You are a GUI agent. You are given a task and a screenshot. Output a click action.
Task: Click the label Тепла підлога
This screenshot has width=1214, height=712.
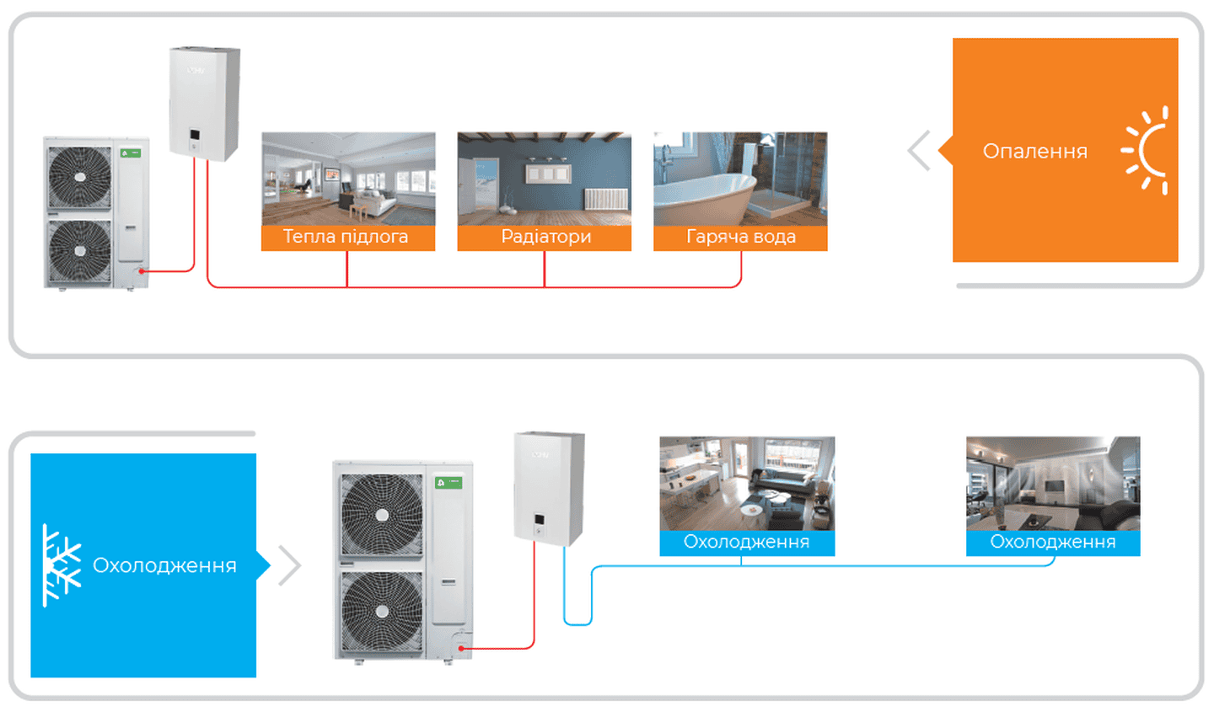[346, 237]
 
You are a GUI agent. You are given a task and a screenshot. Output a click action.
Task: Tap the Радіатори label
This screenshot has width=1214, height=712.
[545, 237]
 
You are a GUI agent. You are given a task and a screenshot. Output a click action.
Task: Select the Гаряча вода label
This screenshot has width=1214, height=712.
[740, 237]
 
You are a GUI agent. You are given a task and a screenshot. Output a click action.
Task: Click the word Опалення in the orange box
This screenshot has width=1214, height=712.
[1034, 152]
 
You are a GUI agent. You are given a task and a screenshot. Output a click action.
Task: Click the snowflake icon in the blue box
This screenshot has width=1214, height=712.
[61, 565]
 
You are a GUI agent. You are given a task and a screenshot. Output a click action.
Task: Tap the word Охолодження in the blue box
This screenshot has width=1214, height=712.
[164, 565]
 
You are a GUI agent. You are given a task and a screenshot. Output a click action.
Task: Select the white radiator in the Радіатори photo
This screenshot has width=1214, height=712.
[605, 200]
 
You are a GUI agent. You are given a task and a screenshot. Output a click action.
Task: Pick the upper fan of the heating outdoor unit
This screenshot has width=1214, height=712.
[80, 177]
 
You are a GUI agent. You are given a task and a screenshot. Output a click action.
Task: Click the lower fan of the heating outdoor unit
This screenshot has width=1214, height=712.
[80, 250]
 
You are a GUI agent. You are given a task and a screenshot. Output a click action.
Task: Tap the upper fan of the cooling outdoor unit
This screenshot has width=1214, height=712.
[382, 515]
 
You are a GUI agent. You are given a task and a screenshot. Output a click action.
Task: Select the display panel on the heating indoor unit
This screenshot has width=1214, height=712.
[194, 135]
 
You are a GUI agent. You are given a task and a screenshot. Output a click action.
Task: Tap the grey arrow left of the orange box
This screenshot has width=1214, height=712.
[919, 151]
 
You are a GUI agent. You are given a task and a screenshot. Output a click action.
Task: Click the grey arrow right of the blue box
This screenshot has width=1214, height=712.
[289, 565]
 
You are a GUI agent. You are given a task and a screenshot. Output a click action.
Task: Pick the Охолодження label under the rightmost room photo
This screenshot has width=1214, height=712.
[1052, 542]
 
